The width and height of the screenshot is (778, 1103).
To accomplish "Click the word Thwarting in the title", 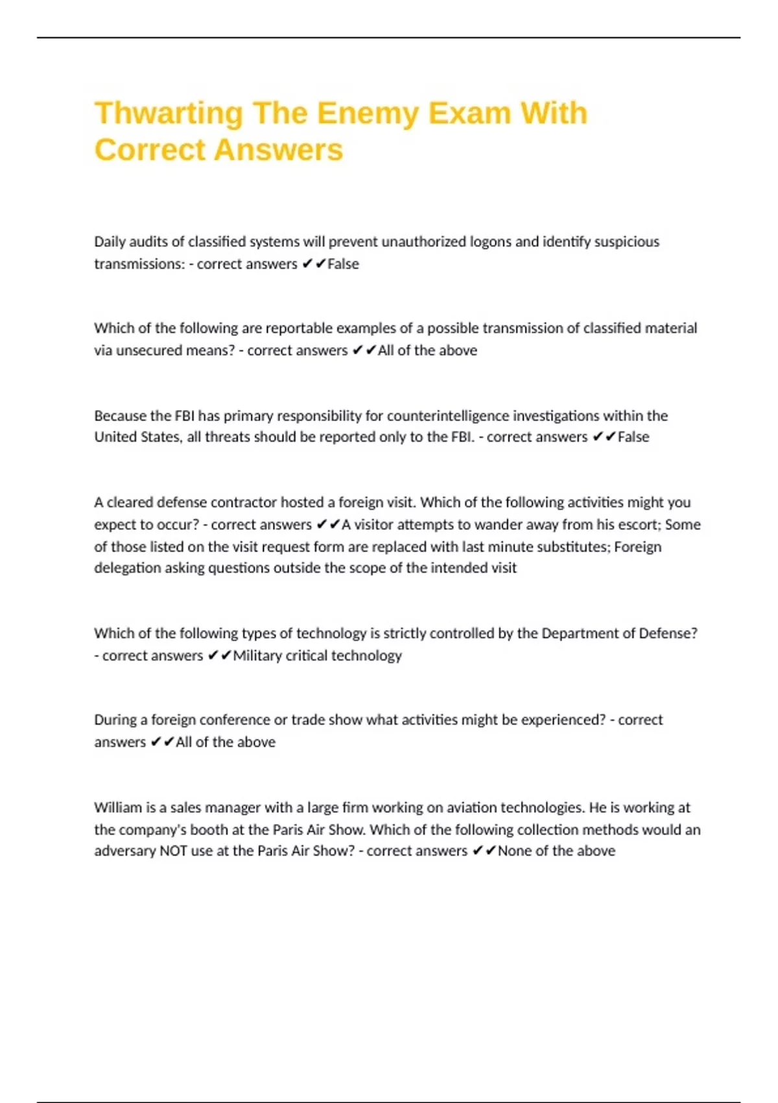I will (x=168, y=114).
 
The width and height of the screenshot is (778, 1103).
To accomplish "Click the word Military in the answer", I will (x=257, y=655).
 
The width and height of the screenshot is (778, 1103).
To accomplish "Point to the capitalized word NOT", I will (x=173, y=851).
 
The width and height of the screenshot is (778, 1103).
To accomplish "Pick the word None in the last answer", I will (x=515, y=851).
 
